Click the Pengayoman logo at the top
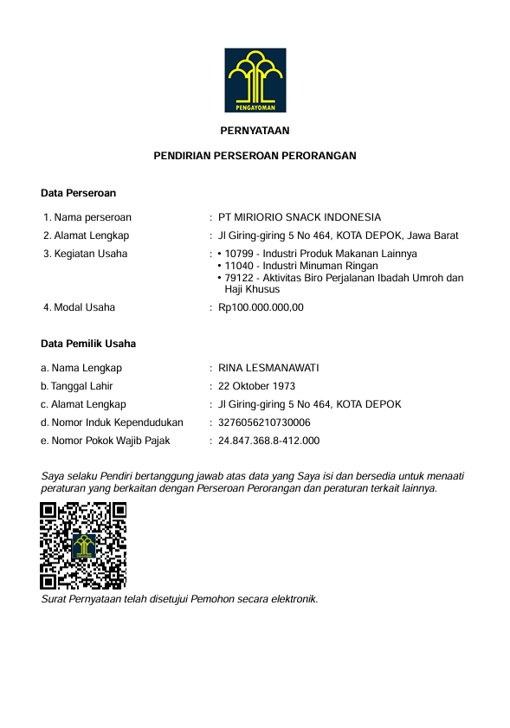pyautogui.click(x=255, y=81)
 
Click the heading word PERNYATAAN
pyautogui.click(x=255, y=132)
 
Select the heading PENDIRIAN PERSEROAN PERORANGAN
pyautogui.click(x=255, y=156)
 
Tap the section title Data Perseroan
pyautogui.click(x=78, y=193)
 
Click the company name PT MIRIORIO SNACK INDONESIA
pyautogui.click(x=300, y=217)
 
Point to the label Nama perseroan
pyautogui.click(x=93, y=217)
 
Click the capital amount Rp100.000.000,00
pyautogui.click(x=261, y=307)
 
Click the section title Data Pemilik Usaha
pyautogui.click(x=88, y=344)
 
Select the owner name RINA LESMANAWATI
pyautogui.click(x=268, y=368)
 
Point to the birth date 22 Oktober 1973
pyautogui.click(x=257, y=386)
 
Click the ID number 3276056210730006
pyautogui.click(x=264, y=422)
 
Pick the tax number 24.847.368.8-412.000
pyautogui.click(x=268, y=441)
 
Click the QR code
pyautogui.click(x=84, y=545)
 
